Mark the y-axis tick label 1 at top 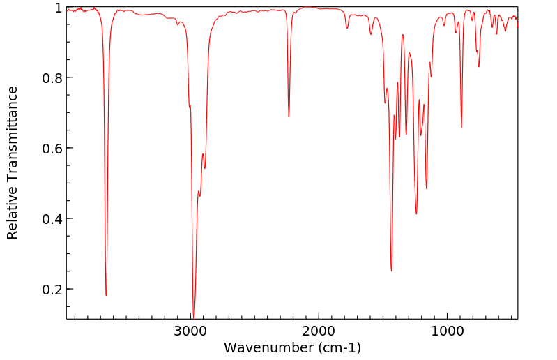tap(58, 8)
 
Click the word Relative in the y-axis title tap(13, 213)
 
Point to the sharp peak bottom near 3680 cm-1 tap(106, 295)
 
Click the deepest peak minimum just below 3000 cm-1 tap(194, 316)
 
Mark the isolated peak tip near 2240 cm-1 tap(289, 117)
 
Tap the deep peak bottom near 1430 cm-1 tap(391, 271)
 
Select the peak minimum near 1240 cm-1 tap(416, 213)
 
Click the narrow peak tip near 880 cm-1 tap(461, 127)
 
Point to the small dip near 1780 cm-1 tap(347, 28)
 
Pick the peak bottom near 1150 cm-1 tap(427, 188)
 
